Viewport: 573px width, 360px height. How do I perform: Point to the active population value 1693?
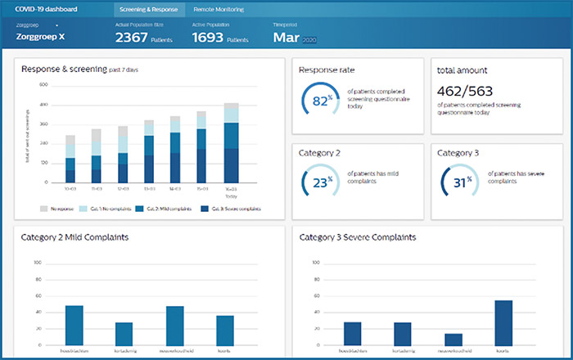pyautogui.click(x=208, y=37)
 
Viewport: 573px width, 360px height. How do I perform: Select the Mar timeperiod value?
pyautogui.click(x=286, y=37)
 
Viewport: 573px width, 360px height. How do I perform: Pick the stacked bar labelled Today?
pyautogui.click(x=232, y=143)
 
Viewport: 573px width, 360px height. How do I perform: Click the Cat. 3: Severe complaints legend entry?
pyautogui.click(x=230, y=209)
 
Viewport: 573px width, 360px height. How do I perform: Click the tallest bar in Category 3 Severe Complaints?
pyautogui.click(x=503, y=322)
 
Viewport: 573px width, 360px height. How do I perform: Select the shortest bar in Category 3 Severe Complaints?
pyautogui.click(x=452, y=339)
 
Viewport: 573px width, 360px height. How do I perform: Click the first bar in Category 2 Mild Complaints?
pyautogui.click(x=74, y=325)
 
